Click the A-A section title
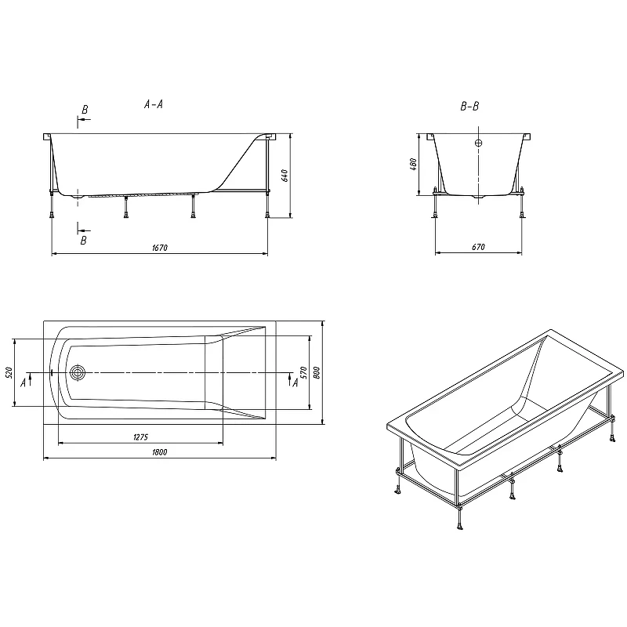154,104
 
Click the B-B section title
469,107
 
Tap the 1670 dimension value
160,248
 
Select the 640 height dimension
285,176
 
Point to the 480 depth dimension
414,165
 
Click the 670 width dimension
478,247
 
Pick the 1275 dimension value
141,437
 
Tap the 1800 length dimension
160,452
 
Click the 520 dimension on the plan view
10,372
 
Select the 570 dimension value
303,373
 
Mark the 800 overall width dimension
317,373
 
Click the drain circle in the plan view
78,373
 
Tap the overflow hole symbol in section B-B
479,143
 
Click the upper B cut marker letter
85,110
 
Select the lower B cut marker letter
84,241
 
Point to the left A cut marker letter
24,382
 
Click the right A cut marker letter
295,382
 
